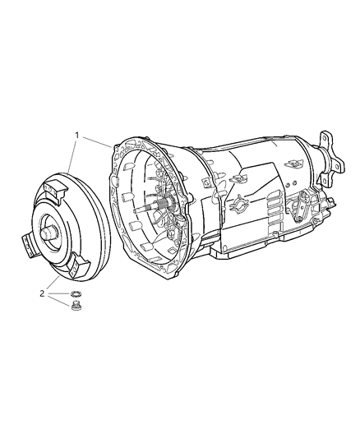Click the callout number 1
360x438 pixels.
pyautogui.click(x=77, y=134)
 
